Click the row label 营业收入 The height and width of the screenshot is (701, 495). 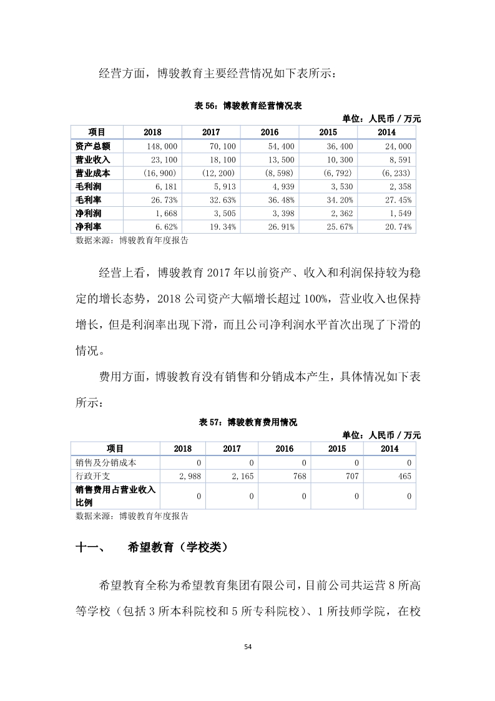pyautogui.click(x=92, y=159)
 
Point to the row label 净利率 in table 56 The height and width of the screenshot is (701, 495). pyautogui.click(x=88, y=227)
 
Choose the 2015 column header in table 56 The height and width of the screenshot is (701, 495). pyautogui.click(x=328, y=132)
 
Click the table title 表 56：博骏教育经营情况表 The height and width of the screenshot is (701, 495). pyautogui.click(x=248, y=107)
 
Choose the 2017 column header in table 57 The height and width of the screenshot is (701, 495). pyautogui.click(x=232, y=449)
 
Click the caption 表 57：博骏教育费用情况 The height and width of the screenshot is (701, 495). pyautogui.click(x=248, y=422)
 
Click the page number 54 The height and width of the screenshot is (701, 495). pyautogui.click(x=248, y=647)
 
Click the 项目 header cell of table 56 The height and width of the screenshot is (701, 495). pyautogui.click(x=97, y=132)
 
